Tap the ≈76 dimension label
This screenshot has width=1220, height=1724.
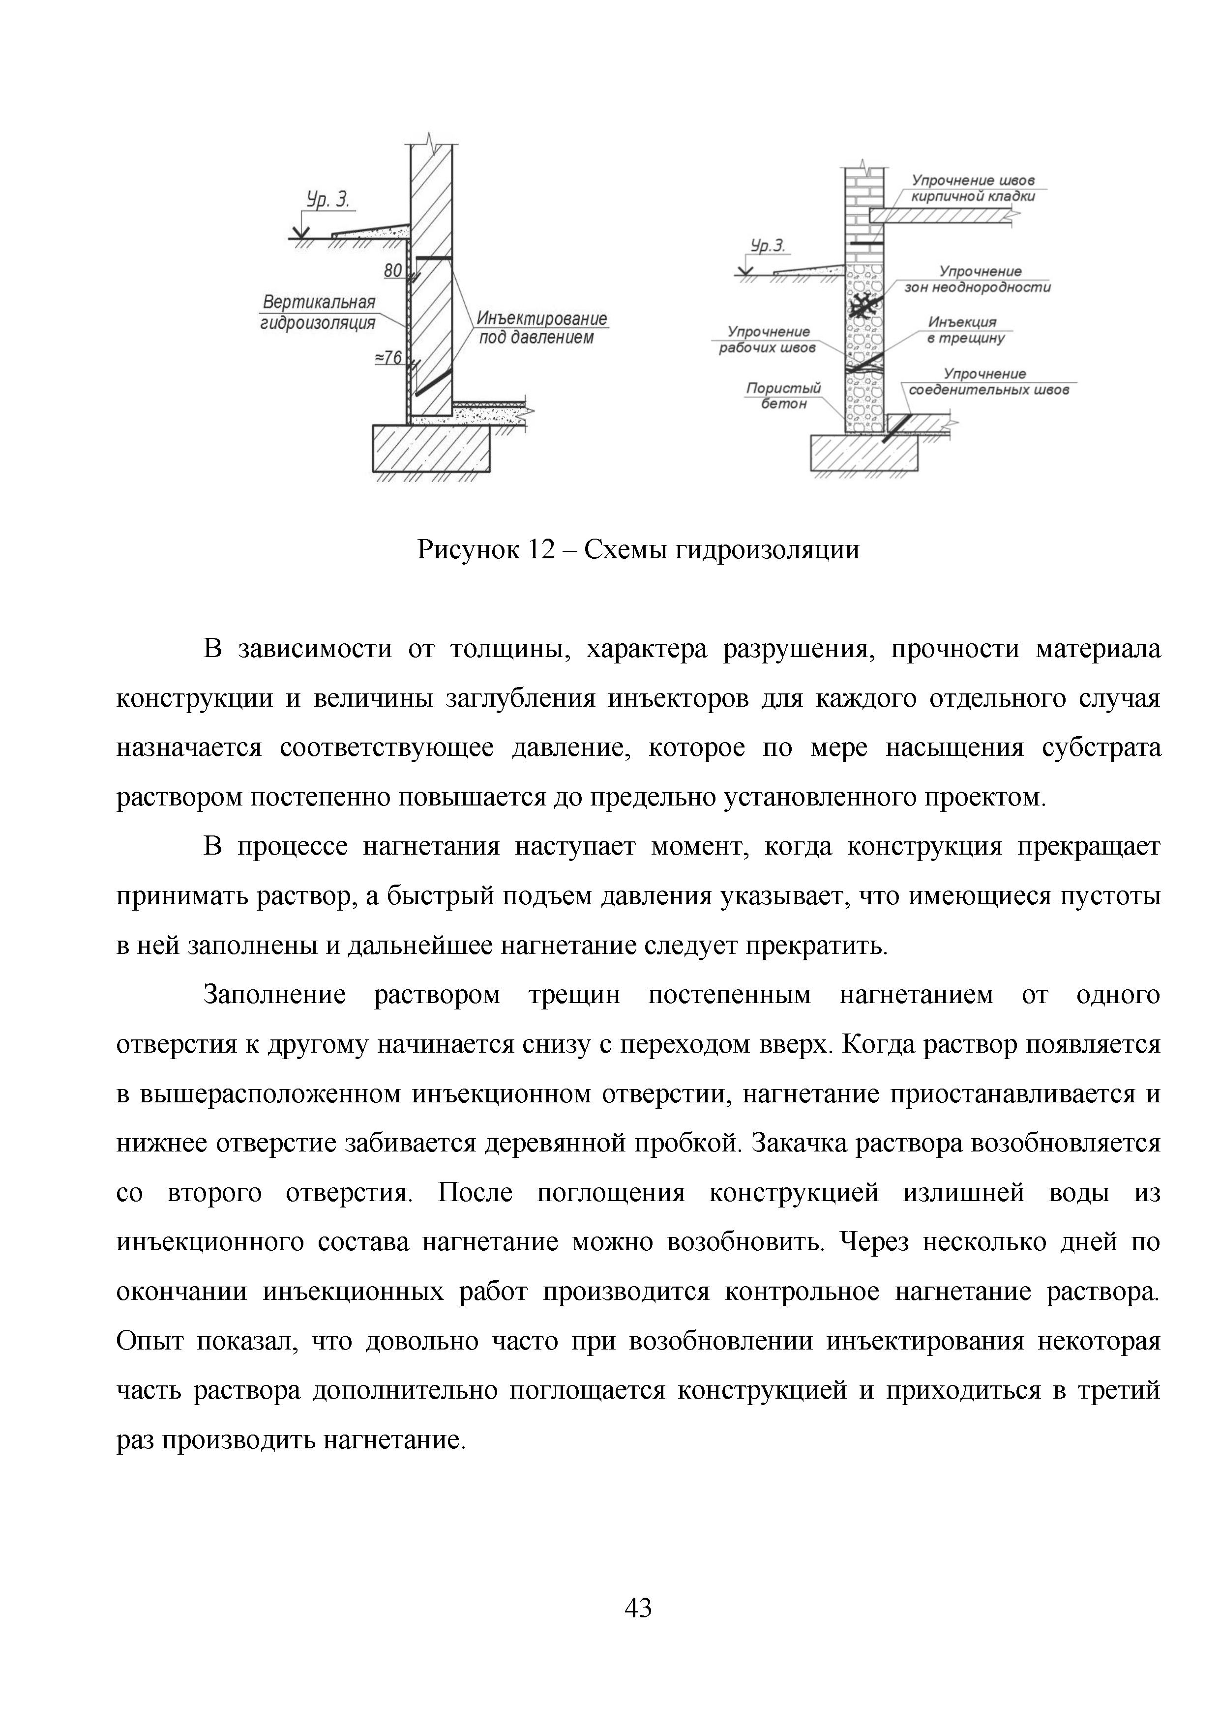pyautogui.click(x=388, y=358)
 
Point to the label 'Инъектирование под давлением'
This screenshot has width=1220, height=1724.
pyautogui.click(x=541, y=328)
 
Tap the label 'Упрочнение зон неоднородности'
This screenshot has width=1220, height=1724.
pyautogui.click(x=977, y=279)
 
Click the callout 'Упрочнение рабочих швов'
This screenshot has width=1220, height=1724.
pyautogui.click(x=766, y=340)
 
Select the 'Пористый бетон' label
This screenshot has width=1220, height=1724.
pyautogui.click(x=783, y=396)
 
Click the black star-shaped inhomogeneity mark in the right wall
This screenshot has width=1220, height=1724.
pyautogui.click(x=864, y=306)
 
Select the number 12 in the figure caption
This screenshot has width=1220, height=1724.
pyautogui.click(x=540, y=550)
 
